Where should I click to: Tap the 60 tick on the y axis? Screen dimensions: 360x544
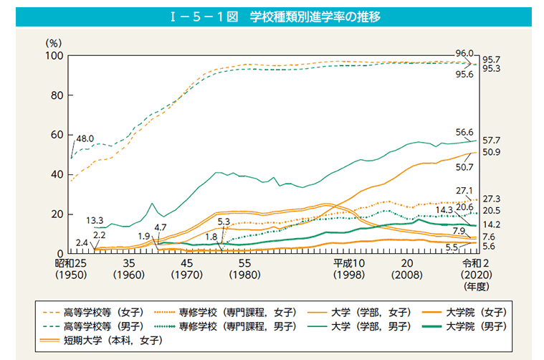(x=57, y=135)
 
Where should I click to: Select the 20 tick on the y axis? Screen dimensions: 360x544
(x=57, y=214)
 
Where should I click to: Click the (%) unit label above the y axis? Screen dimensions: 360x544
(x=54, y=42)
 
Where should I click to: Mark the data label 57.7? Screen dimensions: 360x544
(x=492, y=140)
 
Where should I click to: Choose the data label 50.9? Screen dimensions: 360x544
(x=492, y=152)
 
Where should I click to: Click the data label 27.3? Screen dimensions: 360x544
(x=492, y=198)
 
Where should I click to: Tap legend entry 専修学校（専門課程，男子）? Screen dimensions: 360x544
(x=237, y=326)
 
